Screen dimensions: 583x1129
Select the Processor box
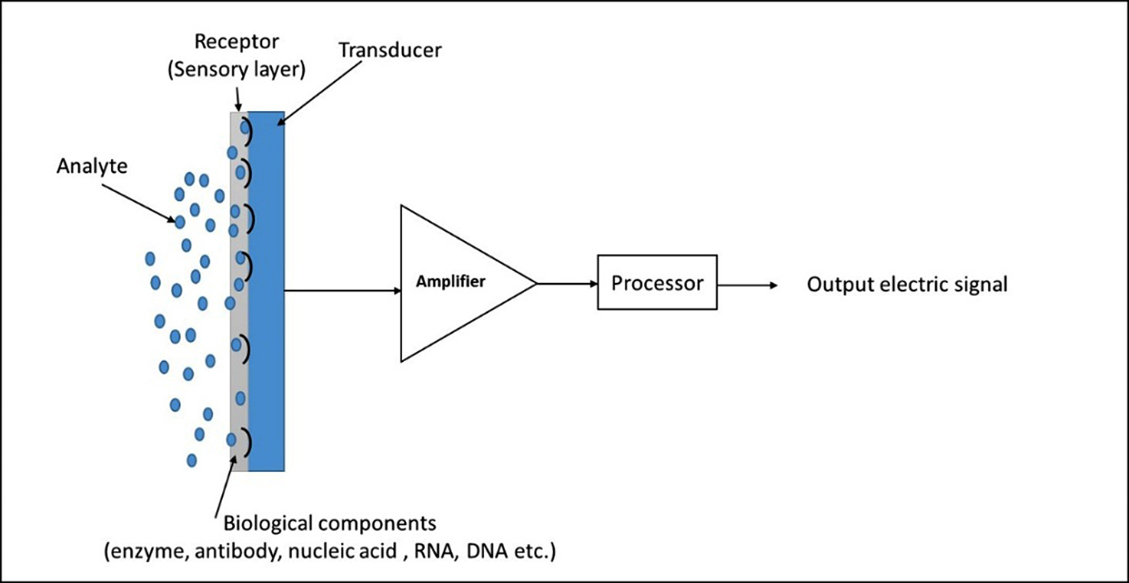tap(657, 283)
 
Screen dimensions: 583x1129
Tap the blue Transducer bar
tap(267, 291)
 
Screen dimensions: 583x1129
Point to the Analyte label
tap(91, 166)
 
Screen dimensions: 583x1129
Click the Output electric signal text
tap(908, 285)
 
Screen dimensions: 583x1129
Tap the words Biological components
tap(329, 524)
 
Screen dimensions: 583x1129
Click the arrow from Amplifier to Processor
tap(567, 284)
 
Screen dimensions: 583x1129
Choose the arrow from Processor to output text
tap(748, 285)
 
